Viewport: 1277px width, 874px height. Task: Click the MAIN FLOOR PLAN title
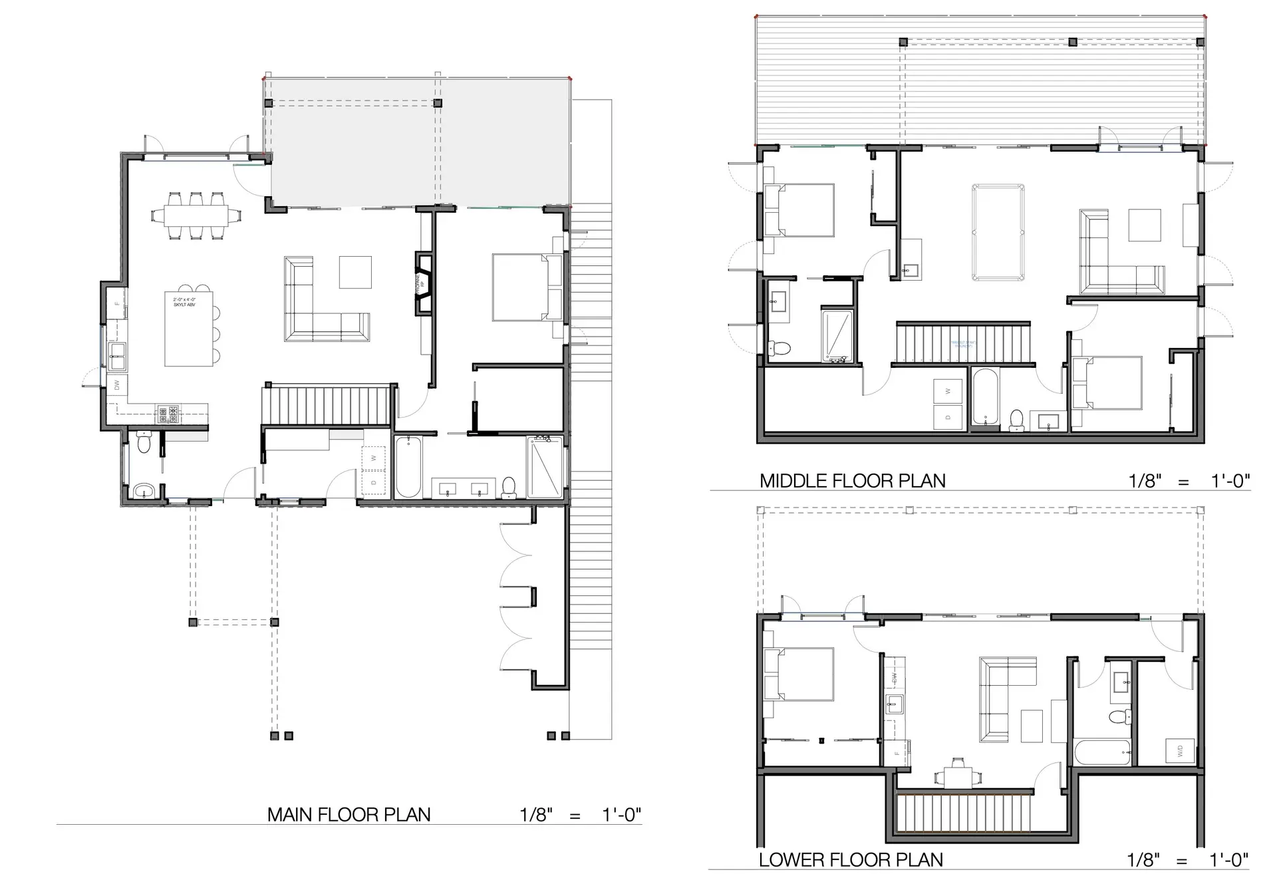click(x=349, y=815)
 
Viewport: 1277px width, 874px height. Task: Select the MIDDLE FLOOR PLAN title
click(x=852, y=481)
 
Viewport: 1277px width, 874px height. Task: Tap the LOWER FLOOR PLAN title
click(x=851, y=860)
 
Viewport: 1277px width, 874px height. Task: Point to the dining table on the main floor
click(x=196, y=216)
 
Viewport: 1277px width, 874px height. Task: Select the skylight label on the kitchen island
click(x=184, y=303)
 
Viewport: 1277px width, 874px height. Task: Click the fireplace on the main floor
click(x=424, y=283)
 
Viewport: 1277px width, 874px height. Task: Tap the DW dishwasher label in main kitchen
click(x=117, y=384)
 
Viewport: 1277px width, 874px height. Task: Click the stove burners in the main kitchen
click(x=168, y=414)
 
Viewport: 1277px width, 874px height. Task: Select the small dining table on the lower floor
click(x=958, y=776)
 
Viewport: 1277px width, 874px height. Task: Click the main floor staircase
click(x=327, y=406)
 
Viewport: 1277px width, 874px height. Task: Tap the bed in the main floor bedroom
click(x=527, y=288)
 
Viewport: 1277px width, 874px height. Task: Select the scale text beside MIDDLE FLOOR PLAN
click(x=1189, y=481)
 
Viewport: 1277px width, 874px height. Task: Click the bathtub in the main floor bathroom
click(x=408, y=467)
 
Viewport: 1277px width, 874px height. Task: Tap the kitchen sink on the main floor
click(x=118, y=357)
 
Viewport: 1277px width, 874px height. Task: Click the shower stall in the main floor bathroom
click(x=545, y=467)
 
